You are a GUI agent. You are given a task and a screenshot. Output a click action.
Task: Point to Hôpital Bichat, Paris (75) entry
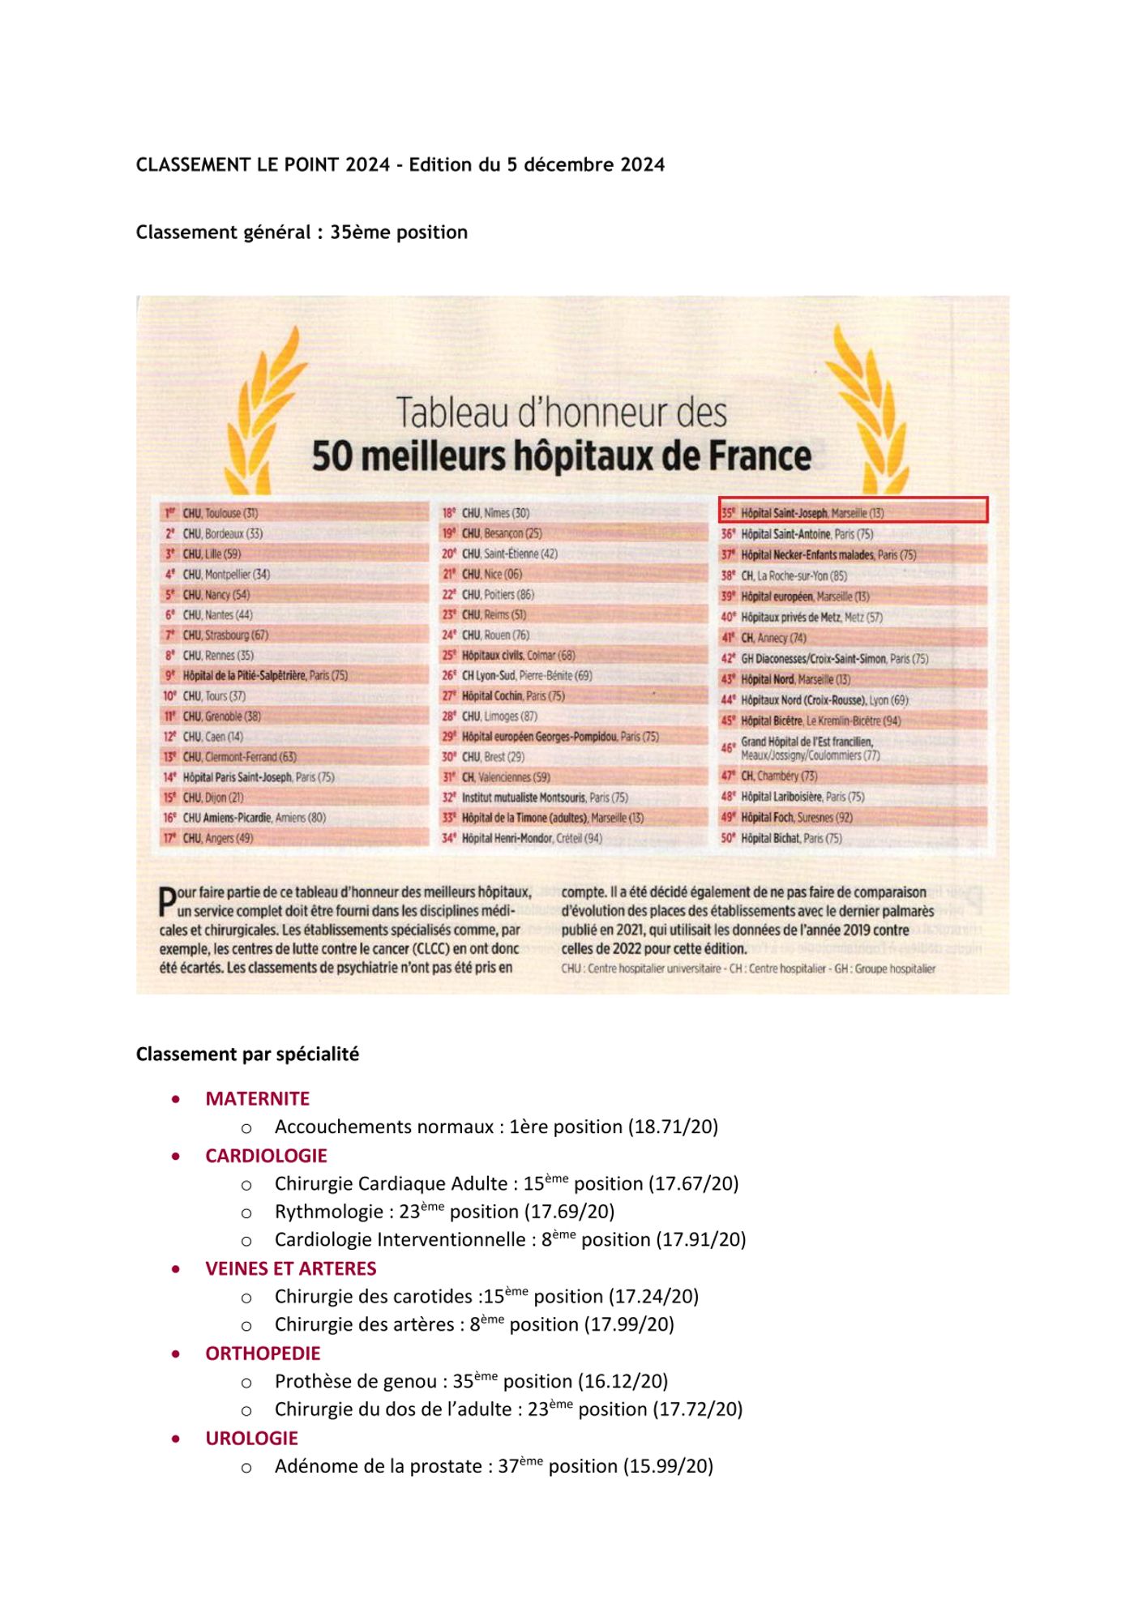click(791, 838)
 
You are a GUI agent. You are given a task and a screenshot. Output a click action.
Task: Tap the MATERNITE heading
click(257, 1098)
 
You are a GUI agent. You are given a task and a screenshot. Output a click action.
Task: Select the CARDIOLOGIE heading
click(266, 1155)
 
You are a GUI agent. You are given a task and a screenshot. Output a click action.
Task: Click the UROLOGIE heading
click(251, 1438)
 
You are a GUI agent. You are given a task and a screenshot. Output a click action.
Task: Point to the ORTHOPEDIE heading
click(263, 1353)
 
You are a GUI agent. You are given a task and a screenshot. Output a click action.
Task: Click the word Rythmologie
click(328, 1212)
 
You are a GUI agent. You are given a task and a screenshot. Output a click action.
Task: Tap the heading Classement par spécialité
click(247, 1054)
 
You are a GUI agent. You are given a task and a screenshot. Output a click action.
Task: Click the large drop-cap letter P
click(167, 902)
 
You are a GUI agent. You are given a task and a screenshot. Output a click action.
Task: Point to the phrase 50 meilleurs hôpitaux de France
click(561, 456)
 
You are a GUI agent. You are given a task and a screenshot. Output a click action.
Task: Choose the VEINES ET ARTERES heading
click(290, 1268)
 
